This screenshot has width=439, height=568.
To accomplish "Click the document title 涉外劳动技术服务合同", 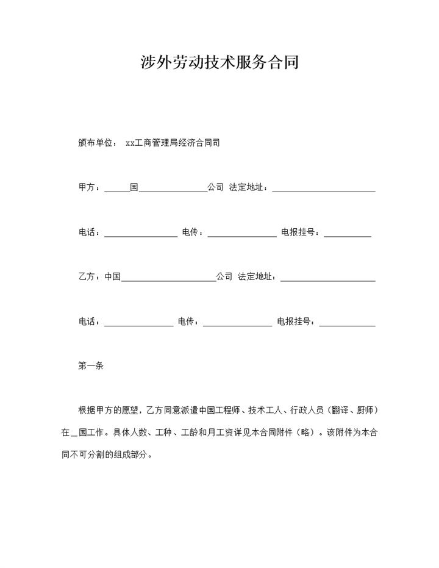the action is pos(220,62).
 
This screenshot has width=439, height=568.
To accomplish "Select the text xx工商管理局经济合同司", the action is pos(172,143).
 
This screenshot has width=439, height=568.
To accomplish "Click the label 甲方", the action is pos(88,188).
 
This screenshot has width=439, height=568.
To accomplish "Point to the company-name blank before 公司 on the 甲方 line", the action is pos(173,189).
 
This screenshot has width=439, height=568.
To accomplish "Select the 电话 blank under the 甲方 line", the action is pos(141,234).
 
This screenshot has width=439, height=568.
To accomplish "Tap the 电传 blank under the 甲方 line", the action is pos(242,234).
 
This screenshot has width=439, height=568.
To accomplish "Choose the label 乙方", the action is pos(88,277).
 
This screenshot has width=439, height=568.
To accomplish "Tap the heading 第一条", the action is pos(91,366).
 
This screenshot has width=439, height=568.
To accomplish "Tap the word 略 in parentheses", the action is pos(315,433).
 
